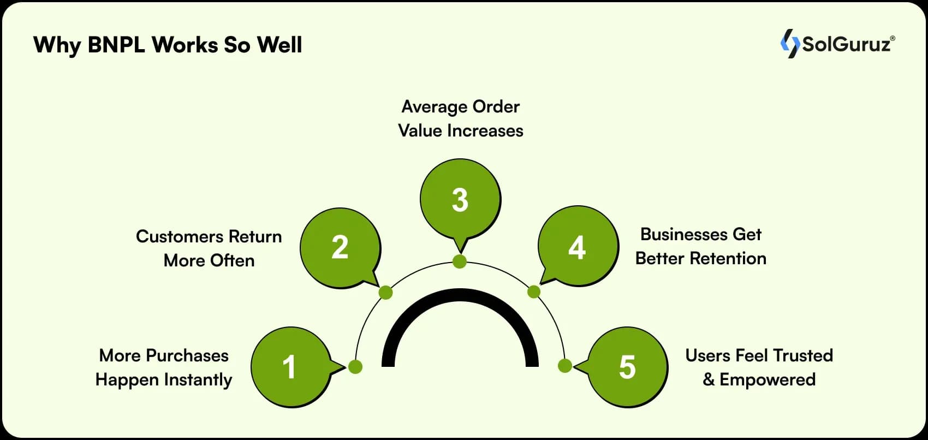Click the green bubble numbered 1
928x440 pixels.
click(292, 367)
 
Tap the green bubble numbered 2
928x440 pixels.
click(340, 248)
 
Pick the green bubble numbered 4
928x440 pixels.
click(578, 246)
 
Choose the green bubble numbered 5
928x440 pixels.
click(627, 367)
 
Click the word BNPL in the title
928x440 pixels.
click(116, 45)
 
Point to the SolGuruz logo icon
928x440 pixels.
click(790, 44)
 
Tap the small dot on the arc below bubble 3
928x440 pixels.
click(460, 262)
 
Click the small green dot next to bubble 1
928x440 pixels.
click(355, 367)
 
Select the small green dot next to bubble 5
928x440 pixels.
click(564, 366)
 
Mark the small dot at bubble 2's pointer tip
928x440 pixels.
click(386, 293)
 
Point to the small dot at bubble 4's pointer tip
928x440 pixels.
click(534, 292)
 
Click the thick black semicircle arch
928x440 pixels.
click(460, 295)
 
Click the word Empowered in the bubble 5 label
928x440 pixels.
click(768, 380)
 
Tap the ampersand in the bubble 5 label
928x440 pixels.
click(709, 379)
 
